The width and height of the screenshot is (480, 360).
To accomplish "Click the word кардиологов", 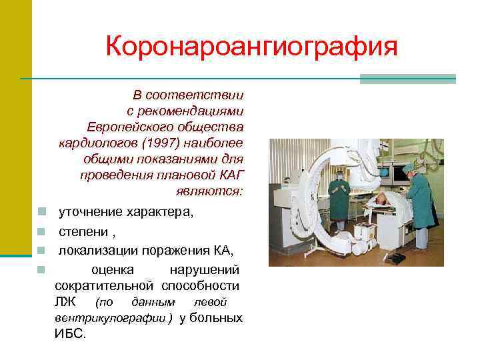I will tap(87, 143).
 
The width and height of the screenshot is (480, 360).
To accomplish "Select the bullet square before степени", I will tap(41, 232).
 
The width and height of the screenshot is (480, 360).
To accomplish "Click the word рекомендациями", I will tap(185, 110).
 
